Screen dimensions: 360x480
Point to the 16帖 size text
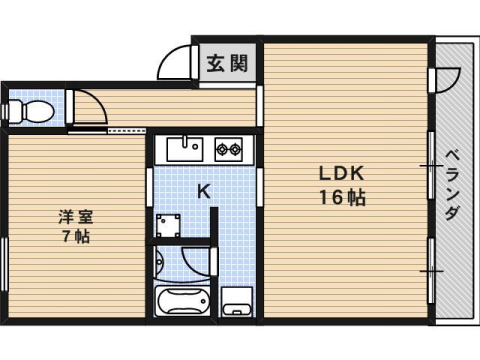[x=342, y=197]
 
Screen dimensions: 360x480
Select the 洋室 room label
[x=71, y=216]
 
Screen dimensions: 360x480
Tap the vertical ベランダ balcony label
[x=452, y=185]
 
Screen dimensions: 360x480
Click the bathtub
[x=185, y=300]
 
